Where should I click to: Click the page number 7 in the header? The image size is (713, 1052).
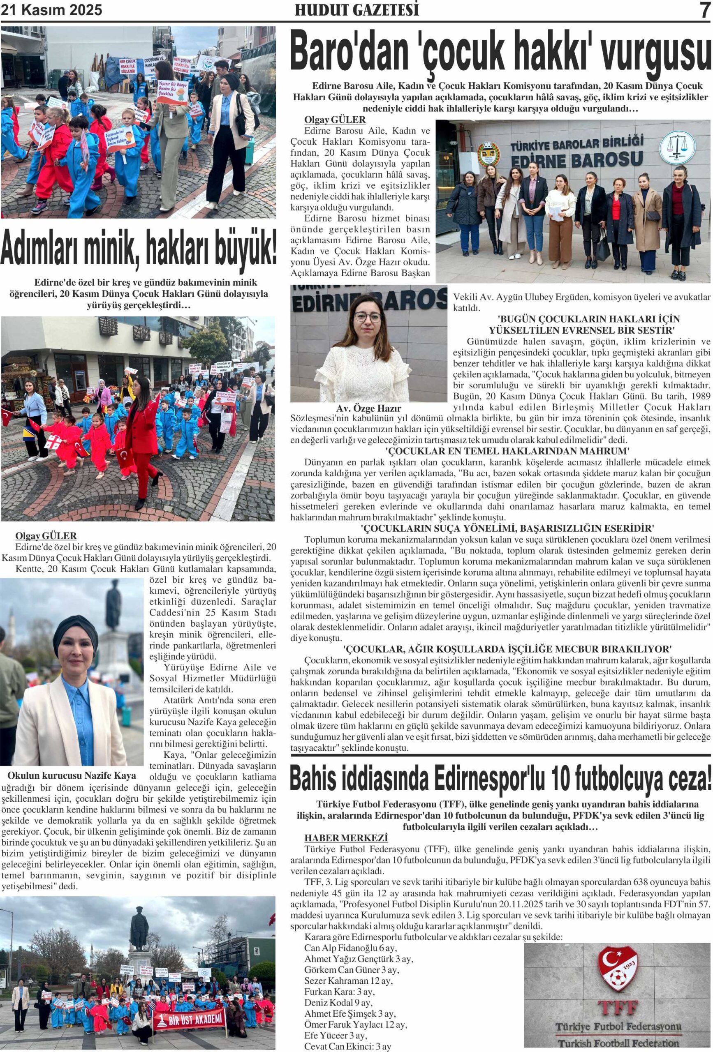tap(704, 10)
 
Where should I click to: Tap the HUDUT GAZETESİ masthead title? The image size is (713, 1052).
tap(356, 10)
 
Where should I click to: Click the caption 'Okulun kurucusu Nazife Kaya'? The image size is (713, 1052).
tap(72, 775)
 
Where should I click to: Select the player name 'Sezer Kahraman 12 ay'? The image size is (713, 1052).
tap(348, 980)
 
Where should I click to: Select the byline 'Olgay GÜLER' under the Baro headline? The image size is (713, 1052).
tap(335, 120)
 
